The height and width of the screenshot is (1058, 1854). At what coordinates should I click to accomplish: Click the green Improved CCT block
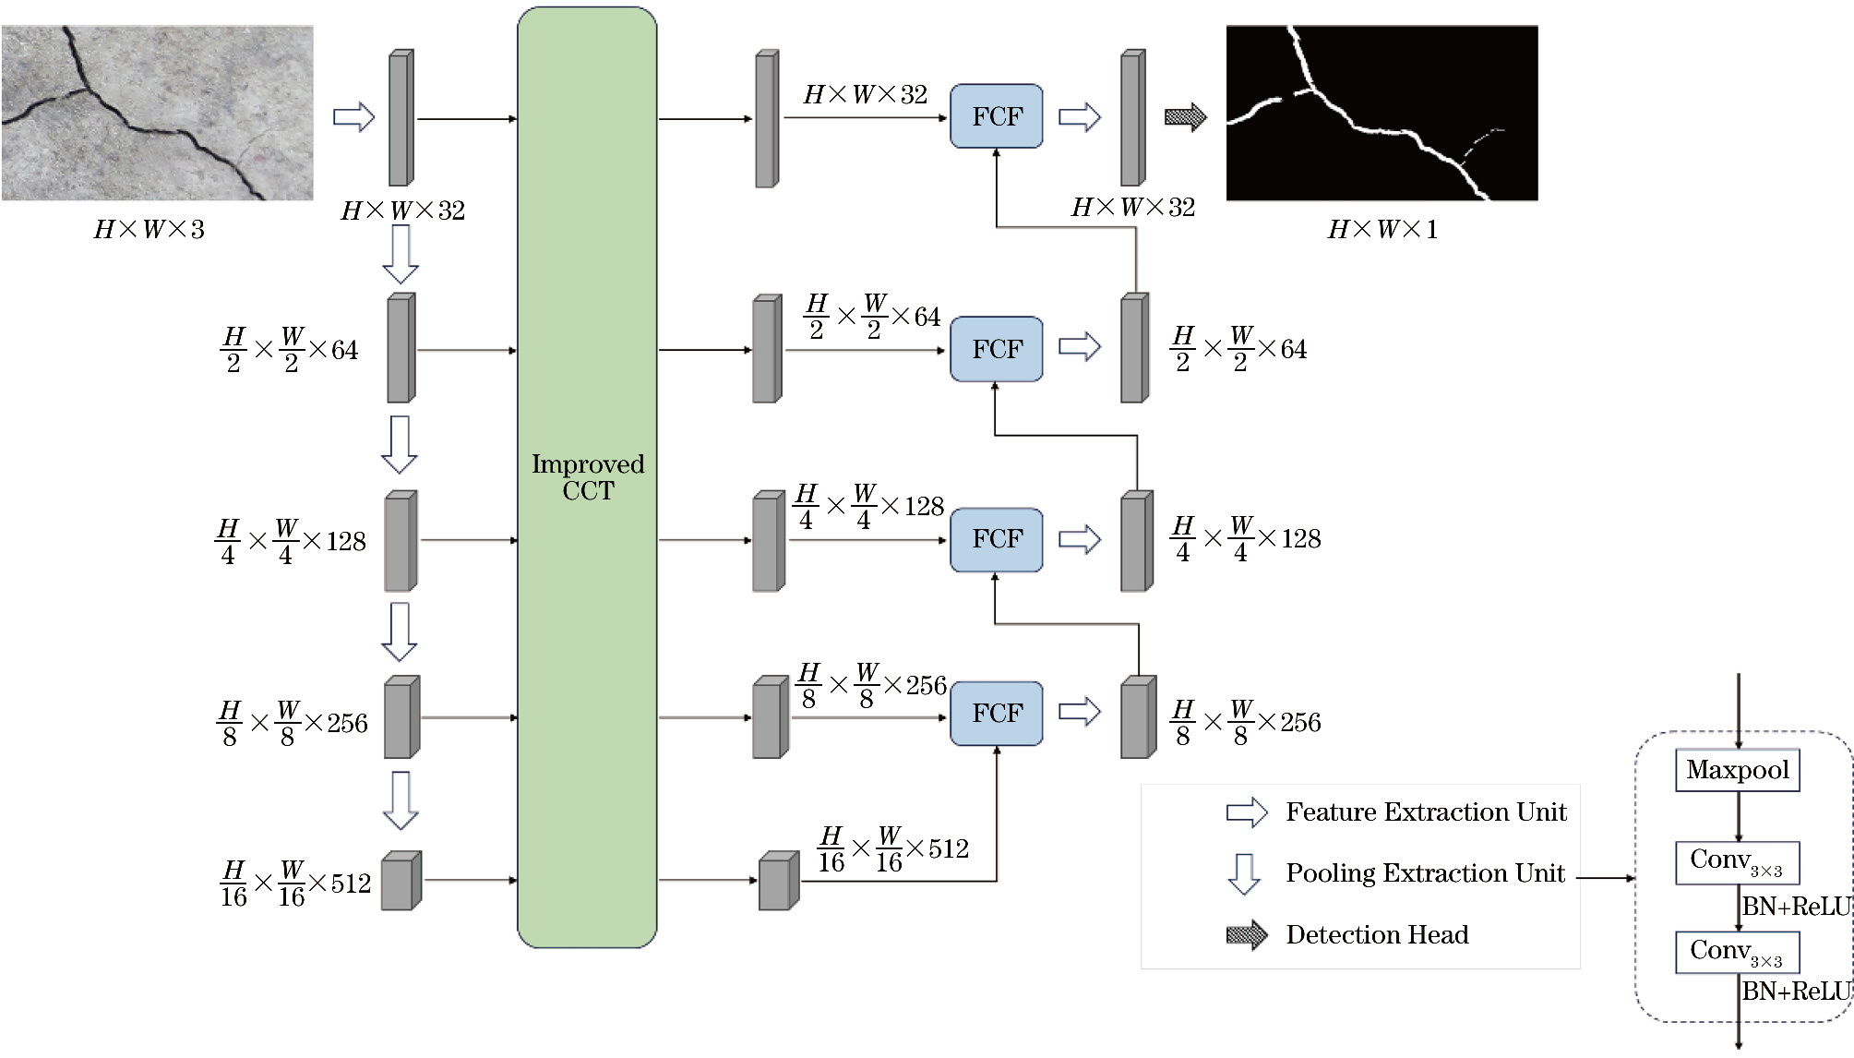coord(587,477)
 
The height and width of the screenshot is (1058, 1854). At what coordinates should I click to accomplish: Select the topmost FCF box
coord(997,116)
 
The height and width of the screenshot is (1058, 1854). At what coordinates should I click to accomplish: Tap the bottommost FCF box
coord(997,713)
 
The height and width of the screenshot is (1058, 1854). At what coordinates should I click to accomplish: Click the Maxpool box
coord(1737,770)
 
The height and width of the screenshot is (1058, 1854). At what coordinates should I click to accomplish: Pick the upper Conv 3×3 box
coord(1737,862)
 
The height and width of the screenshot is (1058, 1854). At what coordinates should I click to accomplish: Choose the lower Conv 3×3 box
coord(1737,953)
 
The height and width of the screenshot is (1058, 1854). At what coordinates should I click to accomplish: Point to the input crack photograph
coord(158,113)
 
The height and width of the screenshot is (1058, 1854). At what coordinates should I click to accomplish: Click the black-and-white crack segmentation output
coord(1382,113)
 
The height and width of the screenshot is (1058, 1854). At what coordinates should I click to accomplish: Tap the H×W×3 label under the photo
coord(149,230)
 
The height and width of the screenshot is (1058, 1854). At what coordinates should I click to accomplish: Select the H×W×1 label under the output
coord(1382,230)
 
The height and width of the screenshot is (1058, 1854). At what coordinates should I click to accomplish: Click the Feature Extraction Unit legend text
coord(1426,812)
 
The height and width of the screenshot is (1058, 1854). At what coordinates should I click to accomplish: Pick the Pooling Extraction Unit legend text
coord(1425,873)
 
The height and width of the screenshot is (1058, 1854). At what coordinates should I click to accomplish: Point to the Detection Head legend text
coord(1377,935)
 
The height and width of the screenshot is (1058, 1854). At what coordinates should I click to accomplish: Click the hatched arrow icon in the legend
coord(1247,935)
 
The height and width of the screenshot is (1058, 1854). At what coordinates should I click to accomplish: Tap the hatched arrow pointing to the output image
coord(1186,117)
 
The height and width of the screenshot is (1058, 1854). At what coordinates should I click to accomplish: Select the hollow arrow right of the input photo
coord(353,117)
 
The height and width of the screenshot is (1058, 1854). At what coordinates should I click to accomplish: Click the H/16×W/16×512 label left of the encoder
coord(295,884)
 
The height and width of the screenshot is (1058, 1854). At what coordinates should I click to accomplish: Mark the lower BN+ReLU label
coord(1796,992)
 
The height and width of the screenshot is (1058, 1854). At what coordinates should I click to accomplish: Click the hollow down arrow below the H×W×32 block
coord(401,254)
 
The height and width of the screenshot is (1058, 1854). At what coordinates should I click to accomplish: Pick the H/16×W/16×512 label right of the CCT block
coord(893,849)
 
